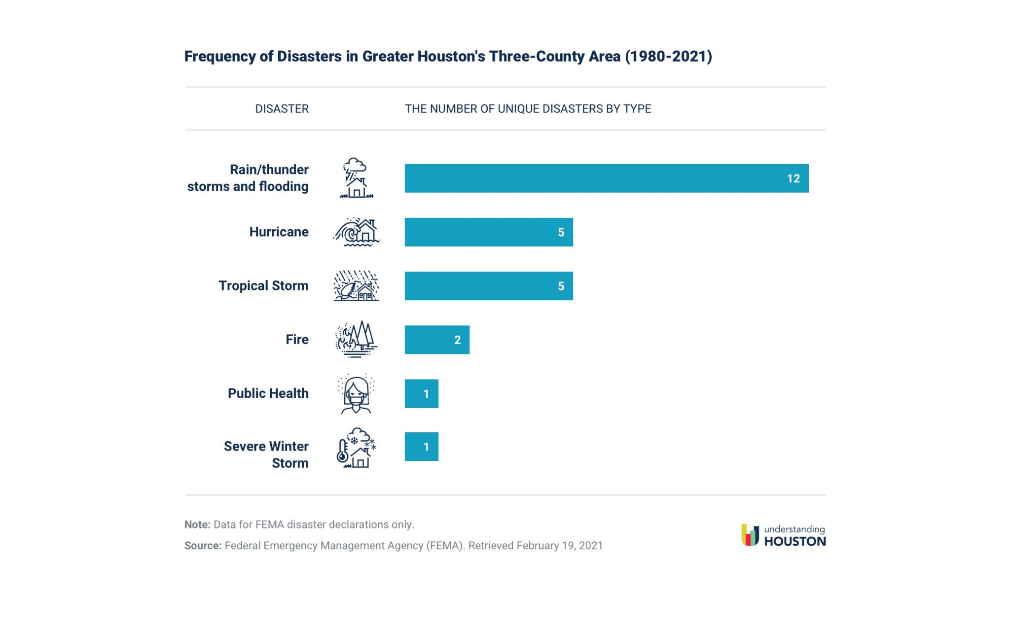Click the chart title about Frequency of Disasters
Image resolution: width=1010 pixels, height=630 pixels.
pyautogui.click(x=448, y=56)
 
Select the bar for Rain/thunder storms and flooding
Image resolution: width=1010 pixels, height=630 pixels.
pyautogui.click(x=606, y=178)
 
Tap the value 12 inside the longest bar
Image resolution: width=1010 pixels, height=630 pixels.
pyautogui.click(x=793, y=178)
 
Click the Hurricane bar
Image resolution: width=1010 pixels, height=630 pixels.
pyautogui.click(x=488, y=232)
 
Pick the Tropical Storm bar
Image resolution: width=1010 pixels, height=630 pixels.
pyautogui.click(x=488, y=286)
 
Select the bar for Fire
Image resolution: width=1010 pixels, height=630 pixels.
pyautogui.click(x=436, y=340)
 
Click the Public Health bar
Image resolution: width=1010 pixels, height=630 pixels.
pyautogui.click(x=421, y=393)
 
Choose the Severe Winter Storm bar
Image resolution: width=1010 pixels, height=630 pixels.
pyautogui.click(x=421, y=447)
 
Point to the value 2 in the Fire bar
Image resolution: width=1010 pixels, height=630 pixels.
pyautogui.click(x=457, y=340)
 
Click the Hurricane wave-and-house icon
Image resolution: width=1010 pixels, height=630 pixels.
pyautogui.click(x=357, y=232)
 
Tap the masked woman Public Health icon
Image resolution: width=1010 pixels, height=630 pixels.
pyautogui.click(x=356, y=393)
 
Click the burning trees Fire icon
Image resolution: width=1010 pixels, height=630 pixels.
pyautogui.click(x=356, y=339)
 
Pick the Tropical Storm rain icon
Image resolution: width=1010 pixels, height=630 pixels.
pyautogui.click(x=356, y=286)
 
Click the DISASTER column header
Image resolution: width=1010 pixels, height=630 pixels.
pyautogui.click(x=282, y=109)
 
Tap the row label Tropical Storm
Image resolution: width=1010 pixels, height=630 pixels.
pyautogui.click(x=263, y=286)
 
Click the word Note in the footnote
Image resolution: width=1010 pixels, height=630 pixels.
pyautogui.click(x=197, y=525)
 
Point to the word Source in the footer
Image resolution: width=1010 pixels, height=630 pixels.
pyautogui.click(x=202, y=546)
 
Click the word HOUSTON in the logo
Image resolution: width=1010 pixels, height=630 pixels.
pyautogui.click(x=794, y=541)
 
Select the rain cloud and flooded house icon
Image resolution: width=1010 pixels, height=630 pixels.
pyautogui.click(x=356, y=178)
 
